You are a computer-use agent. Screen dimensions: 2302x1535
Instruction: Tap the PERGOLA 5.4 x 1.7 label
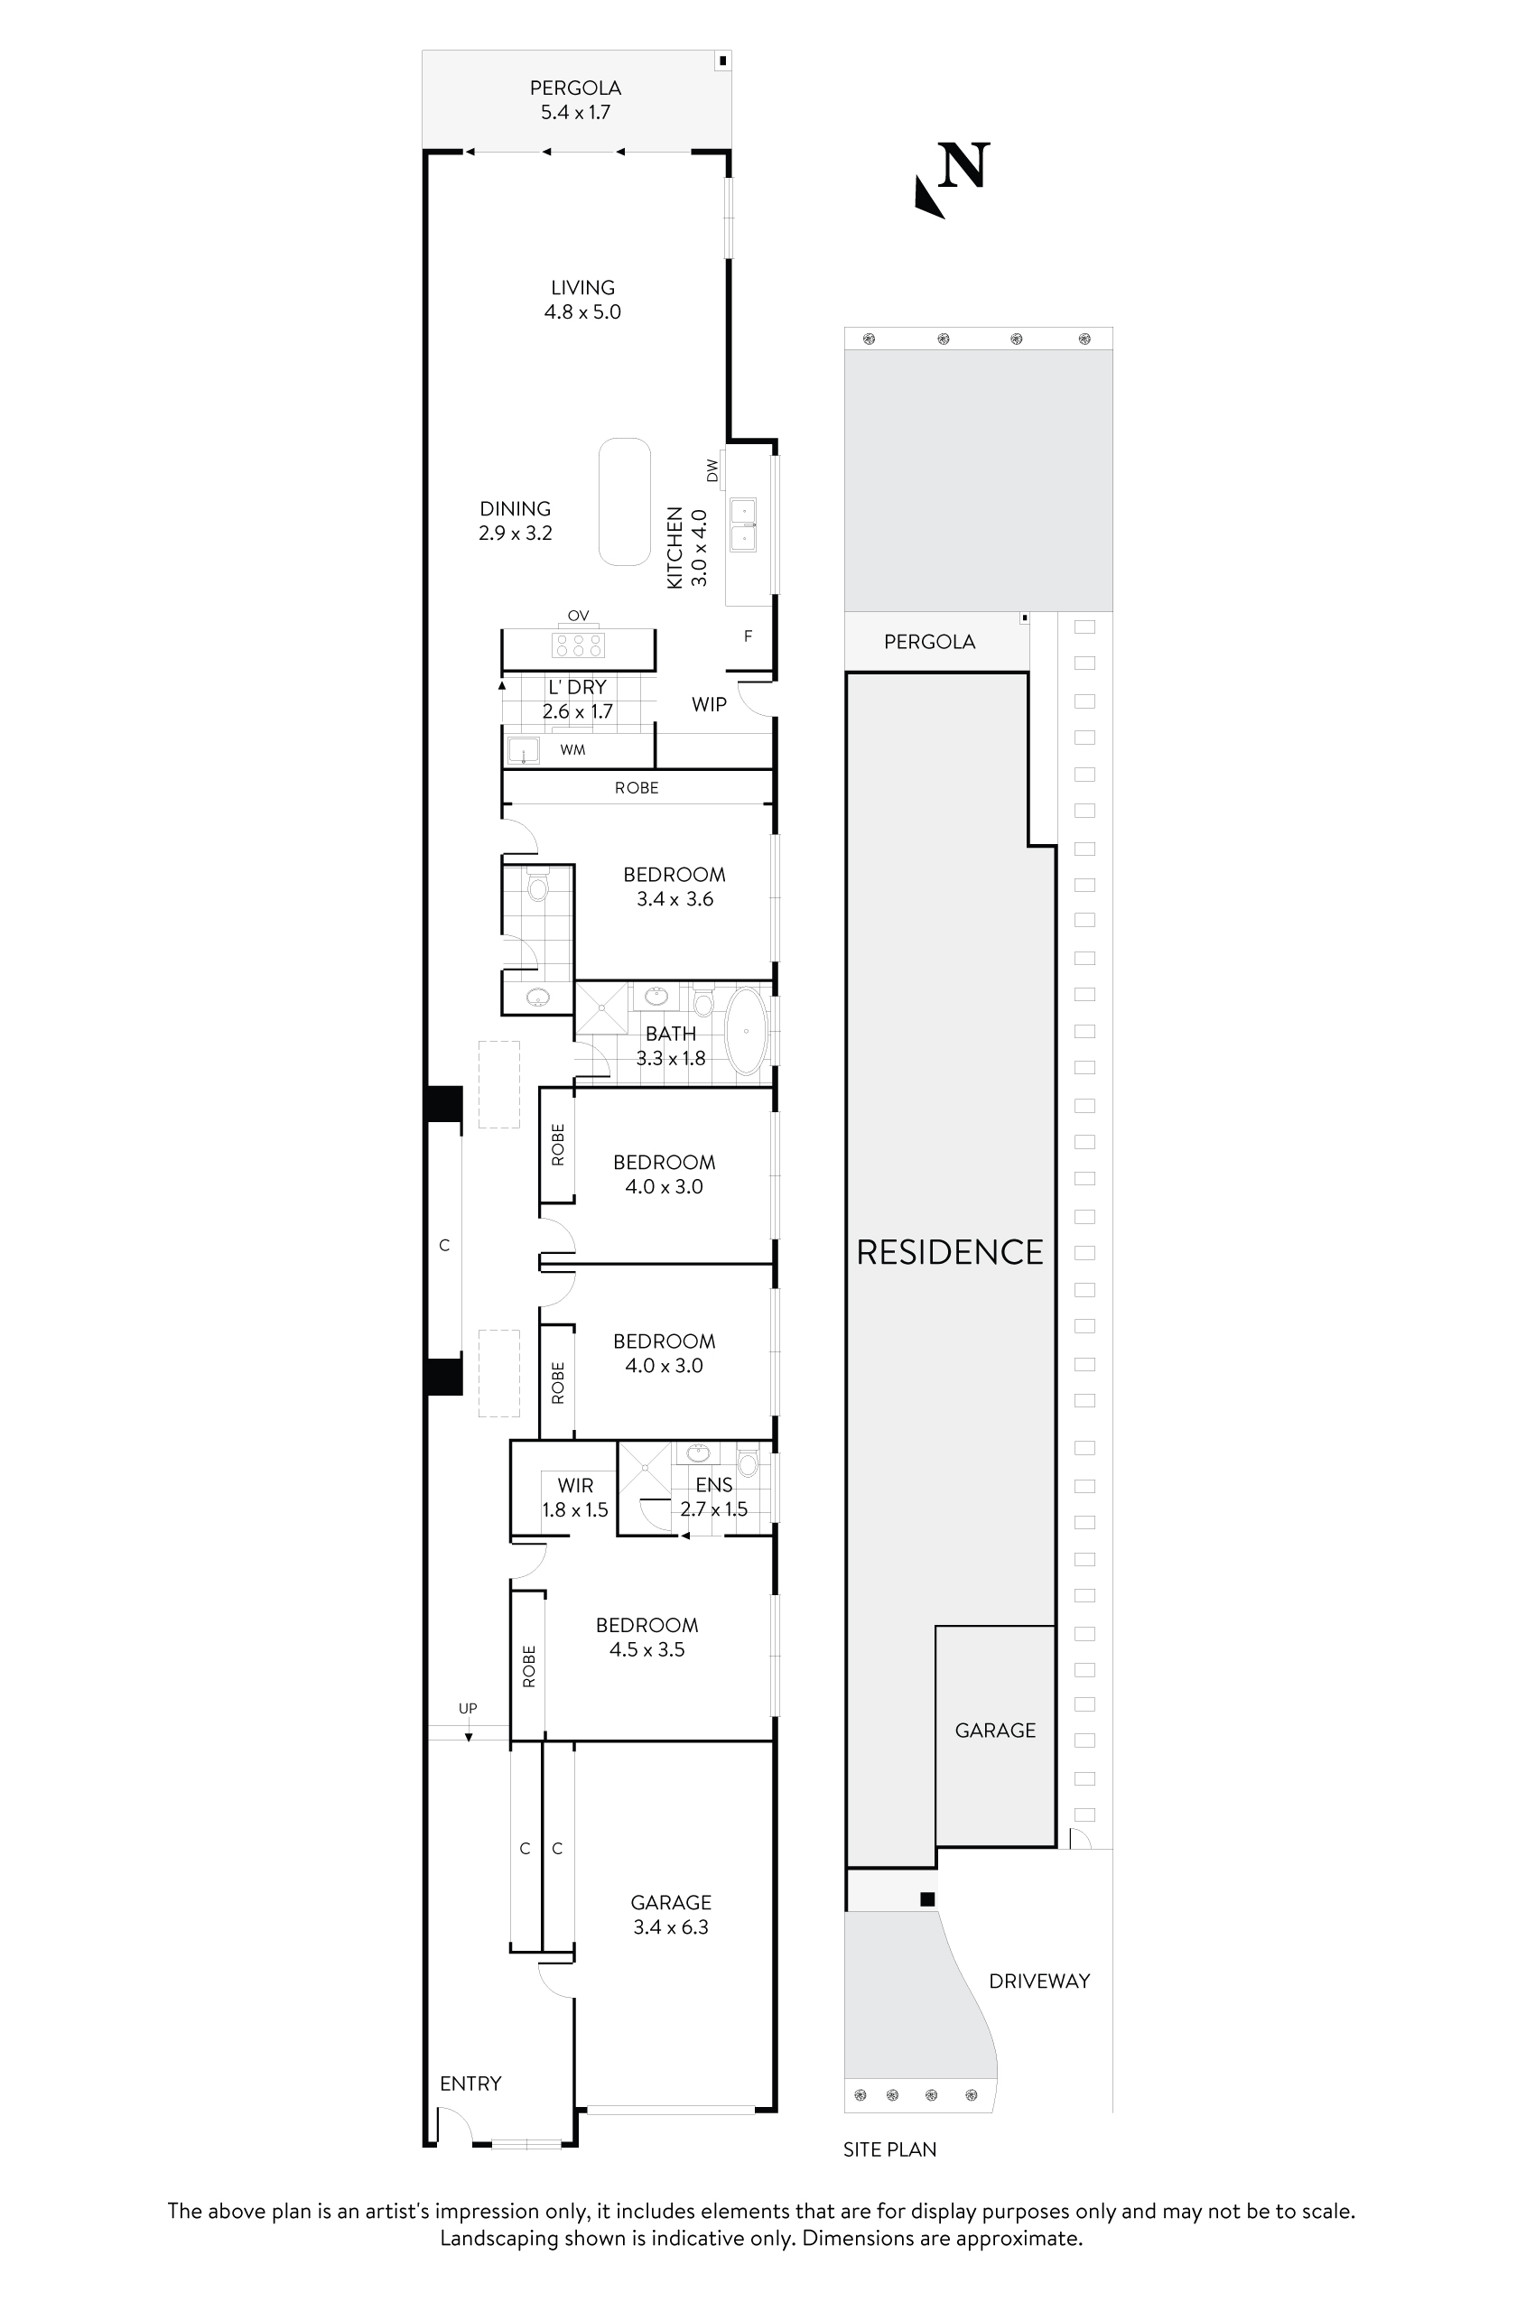[576, 100]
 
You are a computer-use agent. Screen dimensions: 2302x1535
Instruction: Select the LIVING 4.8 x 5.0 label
[582, 300]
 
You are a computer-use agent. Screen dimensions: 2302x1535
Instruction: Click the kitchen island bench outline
[625, 501]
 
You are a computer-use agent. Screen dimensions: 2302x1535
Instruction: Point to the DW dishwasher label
[712, 469]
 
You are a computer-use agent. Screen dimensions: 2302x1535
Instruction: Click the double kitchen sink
[744, 524]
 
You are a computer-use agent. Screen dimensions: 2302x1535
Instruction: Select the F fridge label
[748, 636]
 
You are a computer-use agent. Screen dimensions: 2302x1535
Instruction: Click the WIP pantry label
[709, 704]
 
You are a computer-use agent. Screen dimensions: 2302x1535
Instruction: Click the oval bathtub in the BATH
[747, 1032]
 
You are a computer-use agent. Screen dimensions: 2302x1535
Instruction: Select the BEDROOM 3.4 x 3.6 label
[674, 886]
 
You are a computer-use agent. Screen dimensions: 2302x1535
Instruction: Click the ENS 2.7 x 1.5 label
[713, 1498]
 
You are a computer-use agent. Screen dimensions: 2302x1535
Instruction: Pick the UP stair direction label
[468, 1708]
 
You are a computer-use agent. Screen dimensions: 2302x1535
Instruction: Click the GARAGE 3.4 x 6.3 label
[671, 1915]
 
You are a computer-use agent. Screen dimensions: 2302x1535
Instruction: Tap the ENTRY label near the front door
[470, 2084]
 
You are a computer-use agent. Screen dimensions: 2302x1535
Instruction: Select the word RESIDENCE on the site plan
[950, 1252]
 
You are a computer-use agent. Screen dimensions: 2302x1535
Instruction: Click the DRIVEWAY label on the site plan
[1038, 1981]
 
